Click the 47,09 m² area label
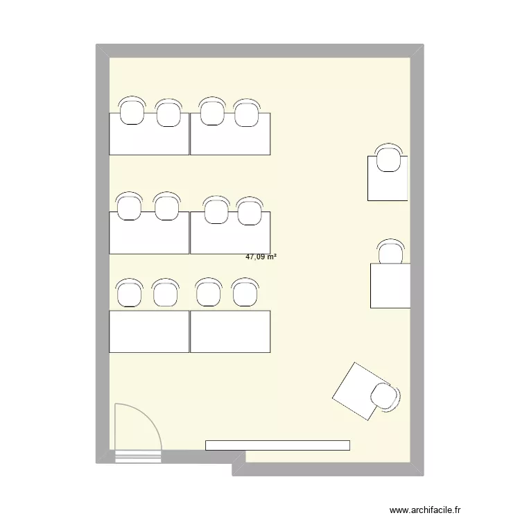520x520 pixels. (261, 257)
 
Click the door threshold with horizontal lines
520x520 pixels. (137, 456)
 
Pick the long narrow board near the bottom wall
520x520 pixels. (277, 445)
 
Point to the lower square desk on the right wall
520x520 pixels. (390, 286)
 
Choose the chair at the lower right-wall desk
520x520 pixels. (390, 252)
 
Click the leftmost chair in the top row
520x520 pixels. (132, 111)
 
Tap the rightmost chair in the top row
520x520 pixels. (246, 113)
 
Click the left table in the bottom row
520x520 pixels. (149, 331)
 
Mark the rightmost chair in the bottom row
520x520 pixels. (243, 293)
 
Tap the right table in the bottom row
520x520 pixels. (229, 331)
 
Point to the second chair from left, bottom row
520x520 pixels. (165, 293)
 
